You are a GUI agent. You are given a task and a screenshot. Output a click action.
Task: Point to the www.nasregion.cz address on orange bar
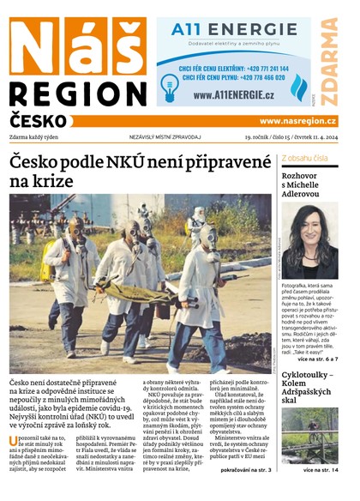point(297,122)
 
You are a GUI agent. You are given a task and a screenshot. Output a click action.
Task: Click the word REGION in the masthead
point(78,94)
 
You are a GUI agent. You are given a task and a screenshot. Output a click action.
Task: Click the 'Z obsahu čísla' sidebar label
point(303,159)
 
